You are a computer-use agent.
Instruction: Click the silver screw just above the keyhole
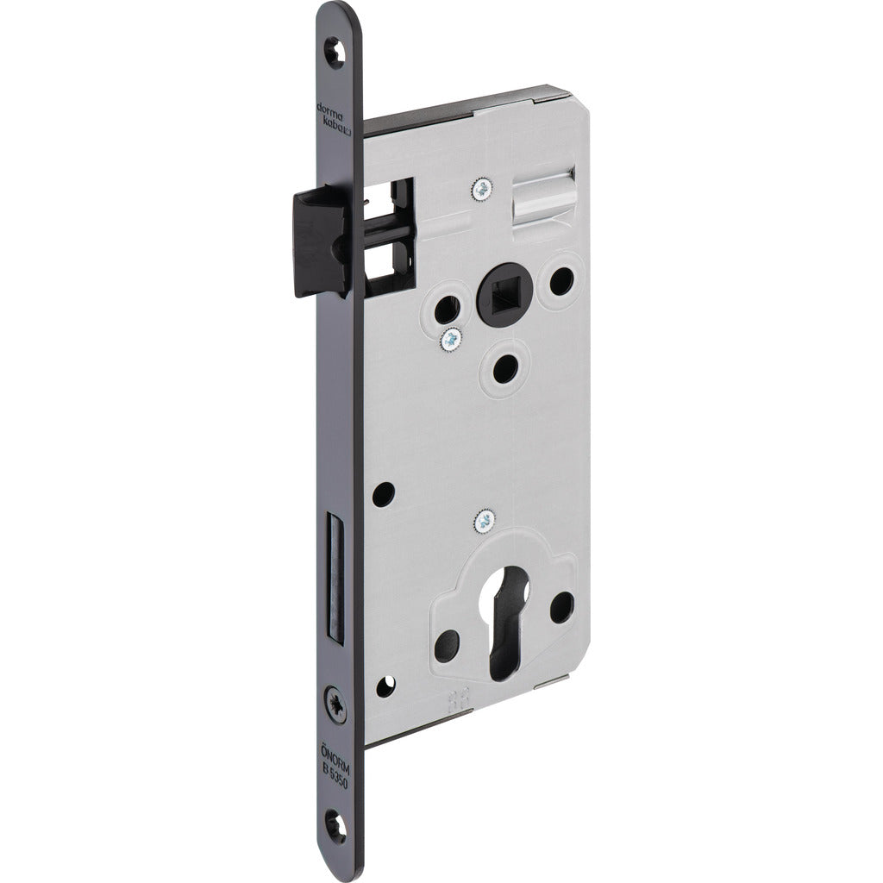pos(485,520)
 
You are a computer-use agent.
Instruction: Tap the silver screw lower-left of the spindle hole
pos(449,340)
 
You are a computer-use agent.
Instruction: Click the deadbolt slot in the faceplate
pos(331,574)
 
